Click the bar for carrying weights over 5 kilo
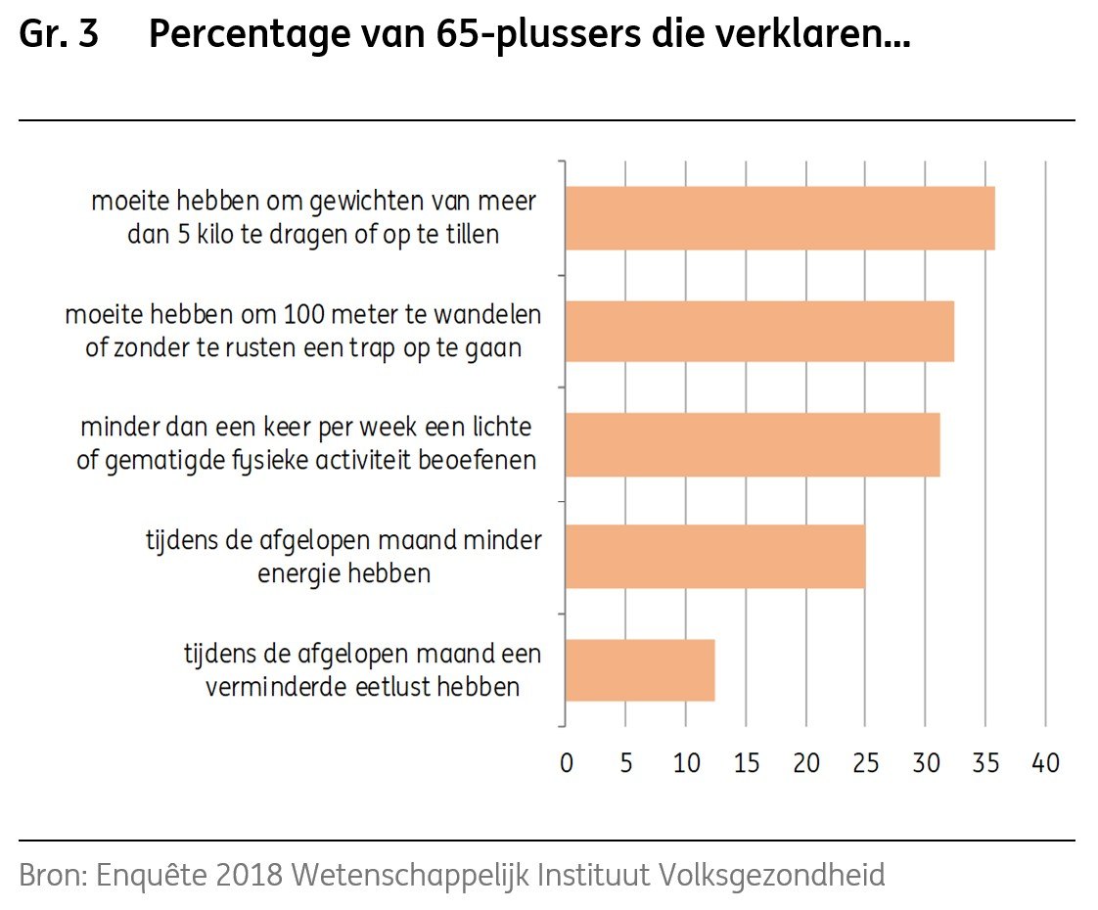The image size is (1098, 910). click(780, 218)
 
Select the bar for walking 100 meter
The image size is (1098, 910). click(759, 332)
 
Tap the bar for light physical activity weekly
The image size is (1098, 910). click(753, 444)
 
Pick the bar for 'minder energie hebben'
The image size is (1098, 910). click(715, 557)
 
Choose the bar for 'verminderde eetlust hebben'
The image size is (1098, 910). click(640, 670)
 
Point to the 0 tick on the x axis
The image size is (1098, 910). click(566, 763)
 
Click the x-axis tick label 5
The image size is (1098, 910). click(626, 763)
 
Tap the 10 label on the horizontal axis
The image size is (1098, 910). click(686, 763)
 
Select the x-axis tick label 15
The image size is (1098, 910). click(746, 763)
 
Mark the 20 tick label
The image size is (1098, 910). click(806, 763)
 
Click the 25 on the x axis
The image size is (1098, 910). click(866, 763)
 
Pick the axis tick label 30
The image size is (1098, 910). click(926, 763)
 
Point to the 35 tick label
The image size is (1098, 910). click(985, 763)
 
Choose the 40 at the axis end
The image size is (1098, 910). click(1046, 763)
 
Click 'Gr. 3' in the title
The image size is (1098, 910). click(59, 36)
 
